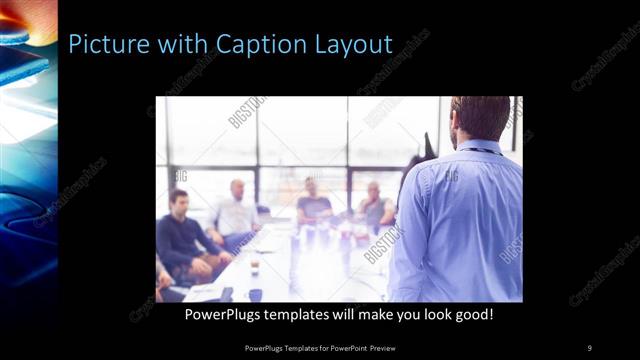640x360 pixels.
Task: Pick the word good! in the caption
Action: click(x=469, y=314)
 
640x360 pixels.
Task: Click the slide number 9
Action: click(x=589, y=347)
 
